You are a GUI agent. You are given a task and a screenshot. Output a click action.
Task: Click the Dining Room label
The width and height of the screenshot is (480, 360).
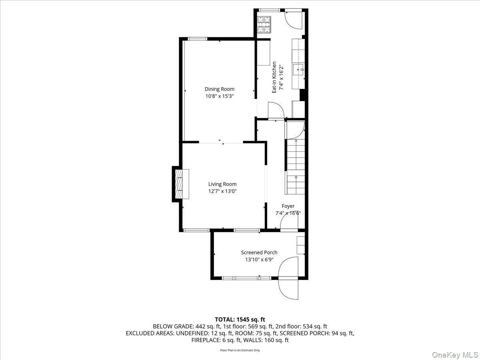219,89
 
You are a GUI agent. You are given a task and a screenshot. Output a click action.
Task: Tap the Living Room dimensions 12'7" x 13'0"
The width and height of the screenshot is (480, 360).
222,191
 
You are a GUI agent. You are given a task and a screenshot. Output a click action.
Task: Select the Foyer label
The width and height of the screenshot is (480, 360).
288,206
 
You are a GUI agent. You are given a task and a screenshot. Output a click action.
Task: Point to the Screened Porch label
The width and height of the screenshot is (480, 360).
259,252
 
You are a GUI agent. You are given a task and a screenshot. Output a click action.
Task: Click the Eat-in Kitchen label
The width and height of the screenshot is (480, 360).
274,77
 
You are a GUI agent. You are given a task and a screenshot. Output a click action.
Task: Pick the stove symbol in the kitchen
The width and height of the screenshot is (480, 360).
264,24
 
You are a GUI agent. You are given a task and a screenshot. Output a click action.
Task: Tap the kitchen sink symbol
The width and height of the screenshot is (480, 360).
299,70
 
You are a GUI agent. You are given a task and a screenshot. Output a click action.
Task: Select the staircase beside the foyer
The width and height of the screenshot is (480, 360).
295,164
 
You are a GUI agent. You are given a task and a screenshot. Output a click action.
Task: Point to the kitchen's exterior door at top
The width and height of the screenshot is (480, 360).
294,19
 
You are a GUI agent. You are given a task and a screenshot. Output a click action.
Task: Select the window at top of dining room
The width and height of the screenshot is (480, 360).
198,39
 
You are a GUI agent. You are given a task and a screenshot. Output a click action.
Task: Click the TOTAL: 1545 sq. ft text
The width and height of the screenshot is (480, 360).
240,319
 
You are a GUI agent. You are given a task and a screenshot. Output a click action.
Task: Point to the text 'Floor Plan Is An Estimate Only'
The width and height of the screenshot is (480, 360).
240,350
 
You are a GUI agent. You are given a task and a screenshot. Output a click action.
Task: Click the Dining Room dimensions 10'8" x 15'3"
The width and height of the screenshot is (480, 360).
219,96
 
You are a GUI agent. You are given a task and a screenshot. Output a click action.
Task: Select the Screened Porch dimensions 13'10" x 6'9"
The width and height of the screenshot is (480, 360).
259,260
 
